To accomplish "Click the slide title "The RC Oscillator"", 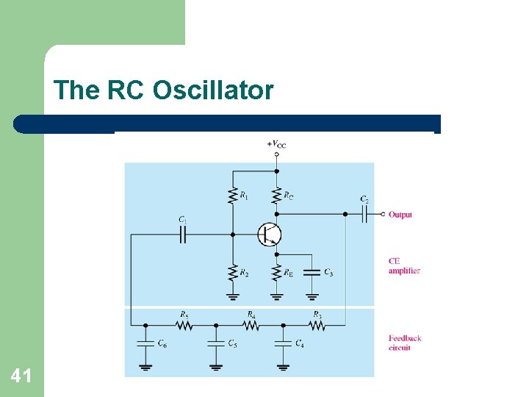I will click(x=163, y=90).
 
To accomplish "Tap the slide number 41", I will click(x=21, y=376).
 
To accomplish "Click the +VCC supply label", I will click(x=276, y=144).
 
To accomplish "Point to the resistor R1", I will click(x=233, y=195).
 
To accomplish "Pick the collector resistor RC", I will click(x=277, y=195).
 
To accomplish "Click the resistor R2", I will click(x=233, y=272).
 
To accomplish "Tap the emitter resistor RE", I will click(x=277, y=272).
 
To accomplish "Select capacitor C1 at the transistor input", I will click(x=183, y=235).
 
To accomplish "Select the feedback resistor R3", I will click(x=316, y=324).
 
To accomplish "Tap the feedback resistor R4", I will click(x=250, y=324).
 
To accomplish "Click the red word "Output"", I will click(x=400, y=215).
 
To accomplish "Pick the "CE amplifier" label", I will click(x=404, y=265).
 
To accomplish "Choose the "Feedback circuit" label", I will click(x=405, y=343).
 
